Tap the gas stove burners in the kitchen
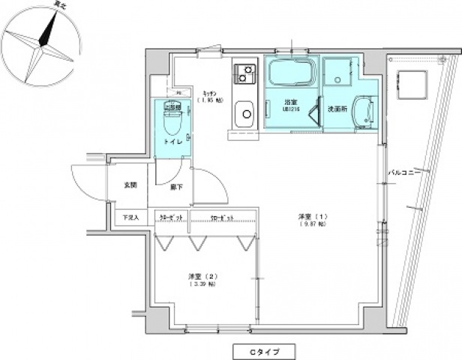244,73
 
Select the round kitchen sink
244,116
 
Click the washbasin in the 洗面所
364,113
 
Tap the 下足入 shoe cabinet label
130,218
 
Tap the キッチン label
205,92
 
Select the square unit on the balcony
411,82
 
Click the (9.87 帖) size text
311,224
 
